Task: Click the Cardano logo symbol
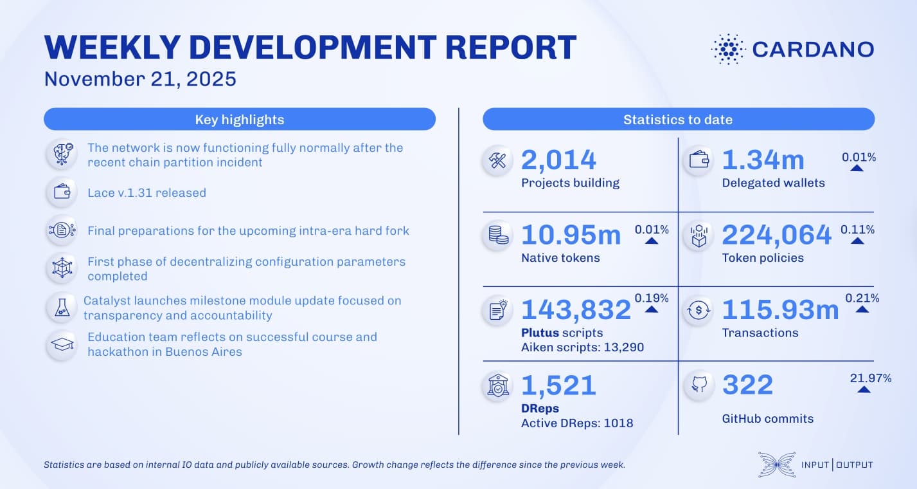727,49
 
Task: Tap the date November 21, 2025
140,79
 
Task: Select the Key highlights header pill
239,120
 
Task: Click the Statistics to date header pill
678,120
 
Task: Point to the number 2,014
558,160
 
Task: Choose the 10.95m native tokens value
571,235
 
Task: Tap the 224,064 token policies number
776,235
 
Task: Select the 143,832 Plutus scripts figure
576,310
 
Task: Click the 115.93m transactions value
780,310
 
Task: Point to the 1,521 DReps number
558,385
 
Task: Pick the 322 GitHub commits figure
747,385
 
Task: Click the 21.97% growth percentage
870,378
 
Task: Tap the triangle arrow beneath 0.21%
862,309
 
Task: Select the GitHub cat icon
699,386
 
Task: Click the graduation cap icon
62,344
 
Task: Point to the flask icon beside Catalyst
62,308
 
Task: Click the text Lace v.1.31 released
147,192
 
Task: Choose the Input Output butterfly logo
776,465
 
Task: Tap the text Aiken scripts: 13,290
582,347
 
